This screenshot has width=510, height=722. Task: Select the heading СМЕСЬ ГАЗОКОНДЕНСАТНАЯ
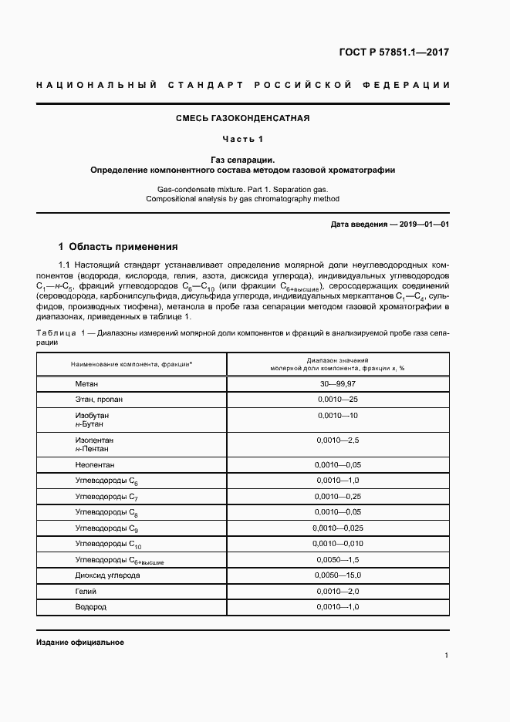(x=243, y=118)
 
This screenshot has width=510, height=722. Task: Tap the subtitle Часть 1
(x=243, y=139)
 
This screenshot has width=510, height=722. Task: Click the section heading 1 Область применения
(x=118, y=247)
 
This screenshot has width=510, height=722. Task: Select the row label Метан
(x=86, y=383)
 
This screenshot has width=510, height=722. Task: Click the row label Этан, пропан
(x=99, y=400)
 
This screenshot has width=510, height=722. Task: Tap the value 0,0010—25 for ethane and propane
(x=338, y=400)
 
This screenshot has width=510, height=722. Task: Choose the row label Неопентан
(x=94, y=465)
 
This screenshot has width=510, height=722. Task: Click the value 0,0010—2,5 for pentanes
(x=338, y=440)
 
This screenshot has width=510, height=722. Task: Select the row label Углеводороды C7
(x=106, y=496)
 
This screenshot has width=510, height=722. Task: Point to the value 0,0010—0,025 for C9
(x=338, y=528)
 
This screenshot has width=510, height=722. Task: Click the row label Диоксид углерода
(x=107, y=575)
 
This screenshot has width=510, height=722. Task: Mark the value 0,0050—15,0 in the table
(x=338, y=575)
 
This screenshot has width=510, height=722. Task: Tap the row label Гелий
(x=86, y=591)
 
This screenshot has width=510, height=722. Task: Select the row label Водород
(x=90, y=607)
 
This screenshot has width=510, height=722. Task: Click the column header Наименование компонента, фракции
(x=132, y=363)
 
